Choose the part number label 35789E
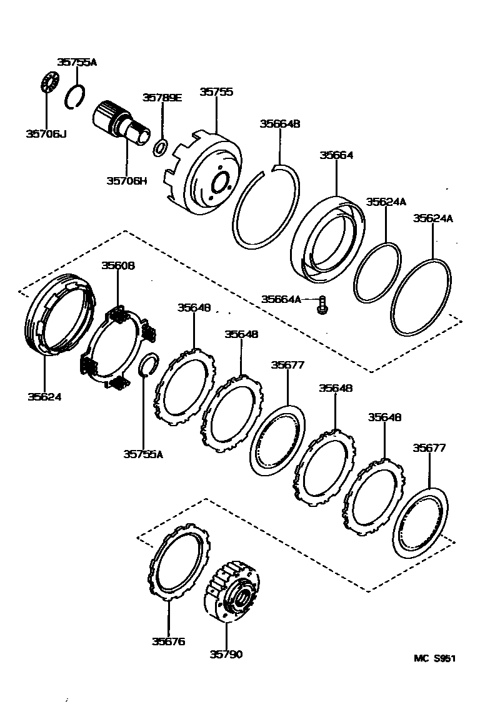[162, 97]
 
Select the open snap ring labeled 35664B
[265, 207]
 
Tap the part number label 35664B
[280, 124]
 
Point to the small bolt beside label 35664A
[322, 304]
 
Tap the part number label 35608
[118, 265]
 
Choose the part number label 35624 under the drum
[44, 396]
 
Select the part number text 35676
[168, 641]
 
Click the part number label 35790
[226, 654]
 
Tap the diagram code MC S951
[434, 658]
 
